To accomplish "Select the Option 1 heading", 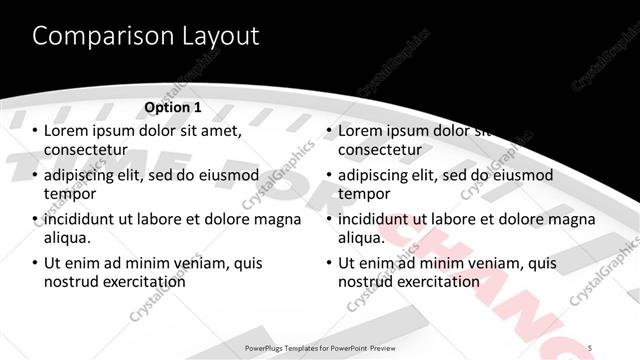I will [x=173, y=107].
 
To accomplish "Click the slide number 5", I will [x=590, y=347].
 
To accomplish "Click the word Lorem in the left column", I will [x=67, y=131].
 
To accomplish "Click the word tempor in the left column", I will [x=69, y=194].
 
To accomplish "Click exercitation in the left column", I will [x=142, y=282].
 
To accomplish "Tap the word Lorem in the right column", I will [x=362, y=131].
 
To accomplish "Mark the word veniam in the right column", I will [x=493, y=263].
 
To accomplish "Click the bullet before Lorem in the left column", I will [x=35, y=131].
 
